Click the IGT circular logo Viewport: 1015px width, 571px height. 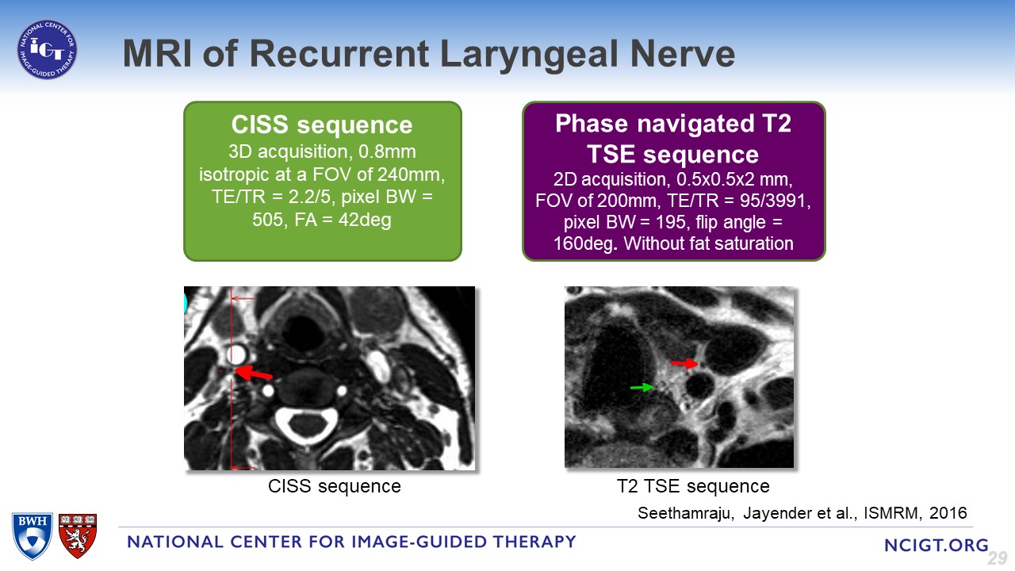coord(48,49)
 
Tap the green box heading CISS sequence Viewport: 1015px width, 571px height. coord(322,125)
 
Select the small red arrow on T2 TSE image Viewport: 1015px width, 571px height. coord(684,364)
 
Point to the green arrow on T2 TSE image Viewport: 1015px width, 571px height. coord(642,387)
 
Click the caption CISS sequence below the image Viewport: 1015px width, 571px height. coord(335,485)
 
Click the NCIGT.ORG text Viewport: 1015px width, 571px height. coord(935,545)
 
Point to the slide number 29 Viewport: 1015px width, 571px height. coord(997,558)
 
